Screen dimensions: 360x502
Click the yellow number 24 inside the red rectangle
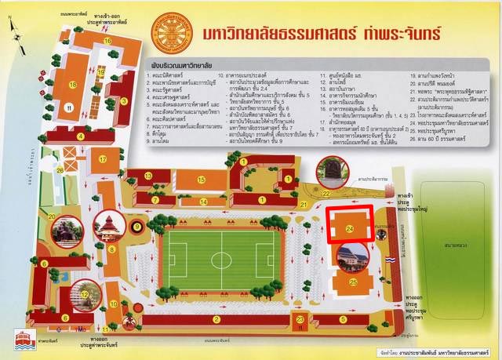click(350, 229)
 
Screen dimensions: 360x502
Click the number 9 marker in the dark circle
click(137, 227)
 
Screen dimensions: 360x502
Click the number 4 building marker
click(79, 135)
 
